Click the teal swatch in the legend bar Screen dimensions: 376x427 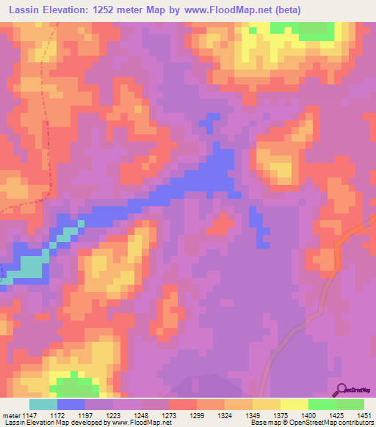point(43,404)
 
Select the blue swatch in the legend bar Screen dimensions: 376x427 point(70,404)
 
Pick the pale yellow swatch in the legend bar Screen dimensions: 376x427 point(294,404)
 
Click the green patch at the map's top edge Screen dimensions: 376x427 point(301,30)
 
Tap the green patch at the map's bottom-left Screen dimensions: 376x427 point(73,387)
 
